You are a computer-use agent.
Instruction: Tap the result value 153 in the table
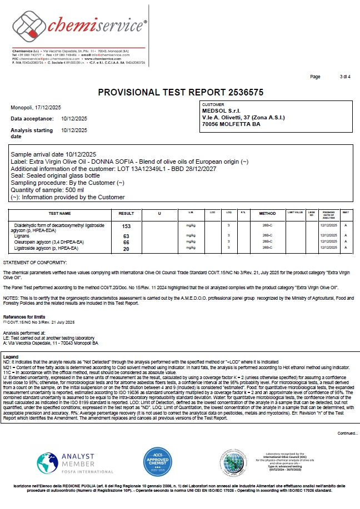coord(126,226)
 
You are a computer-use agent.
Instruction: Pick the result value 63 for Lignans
coord(126,236)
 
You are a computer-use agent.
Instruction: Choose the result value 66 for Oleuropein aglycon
coord(126,243)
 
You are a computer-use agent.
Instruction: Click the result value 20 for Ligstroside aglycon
coord(126,249)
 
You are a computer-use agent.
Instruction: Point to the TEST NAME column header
coord(61,213)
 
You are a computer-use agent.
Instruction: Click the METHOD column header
coord(267,213)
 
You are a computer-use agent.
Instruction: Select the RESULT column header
coord(126,213)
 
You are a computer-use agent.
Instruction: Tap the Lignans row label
coord(22,236)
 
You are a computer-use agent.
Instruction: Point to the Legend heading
coord(11,356)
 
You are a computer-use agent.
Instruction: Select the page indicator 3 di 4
coord(345,77)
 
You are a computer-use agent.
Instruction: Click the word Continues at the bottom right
coord(347,434)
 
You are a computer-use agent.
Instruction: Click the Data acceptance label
coord(32,119)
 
